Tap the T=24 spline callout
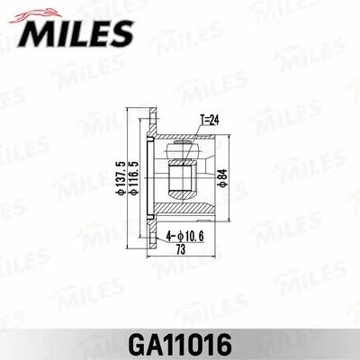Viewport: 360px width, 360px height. click(x=209, y=118)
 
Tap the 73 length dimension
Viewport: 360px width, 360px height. click(x=184, y=248)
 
